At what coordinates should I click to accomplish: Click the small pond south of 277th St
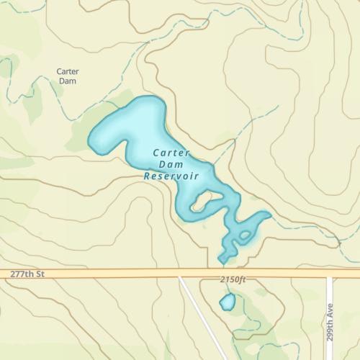[228, 302]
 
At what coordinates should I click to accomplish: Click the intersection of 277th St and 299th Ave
[330, 274]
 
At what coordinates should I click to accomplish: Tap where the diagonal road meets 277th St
[180, 275]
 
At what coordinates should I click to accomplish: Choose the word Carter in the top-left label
[67, 71]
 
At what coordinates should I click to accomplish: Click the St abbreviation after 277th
[40, 274]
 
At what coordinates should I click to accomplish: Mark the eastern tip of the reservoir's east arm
[269, 214]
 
